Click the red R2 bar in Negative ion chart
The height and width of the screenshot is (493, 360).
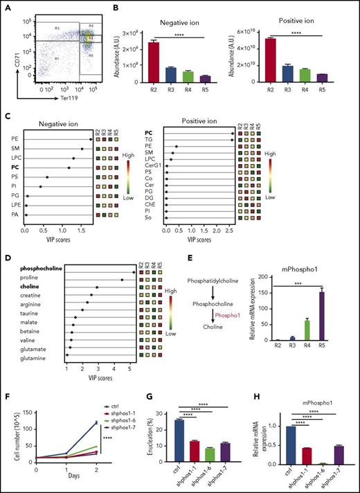153,62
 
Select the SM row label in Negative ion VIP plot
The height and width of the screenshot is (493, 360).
15,148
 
